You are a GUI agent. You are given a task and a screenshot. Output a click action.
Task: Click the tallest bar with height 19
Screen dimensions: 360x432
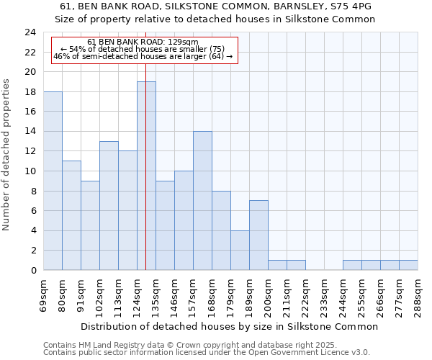[x=146, y=176]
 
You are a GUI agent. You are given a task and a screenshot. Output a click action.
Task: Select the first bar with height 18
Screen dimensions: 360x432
[x=53, y=181]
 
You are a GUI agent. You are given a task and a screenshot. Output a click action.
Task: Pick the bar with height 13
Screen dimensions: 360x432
[x=109, y=205]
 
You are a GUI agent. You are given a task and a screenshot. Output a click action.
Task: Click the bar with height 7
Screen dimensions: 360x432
[x=258, y=235]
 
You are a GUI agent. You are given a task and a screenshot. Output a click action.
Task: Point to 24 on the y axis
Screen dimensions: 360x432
[x=30, y=32]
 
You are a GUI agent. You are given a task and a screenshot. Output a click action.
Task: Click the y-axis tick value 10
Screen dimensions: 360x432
[x=30, y=171]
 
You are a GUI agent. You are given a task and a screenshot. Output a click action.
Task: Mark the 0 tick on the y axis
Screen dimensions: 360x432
[x=32, y=271]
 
